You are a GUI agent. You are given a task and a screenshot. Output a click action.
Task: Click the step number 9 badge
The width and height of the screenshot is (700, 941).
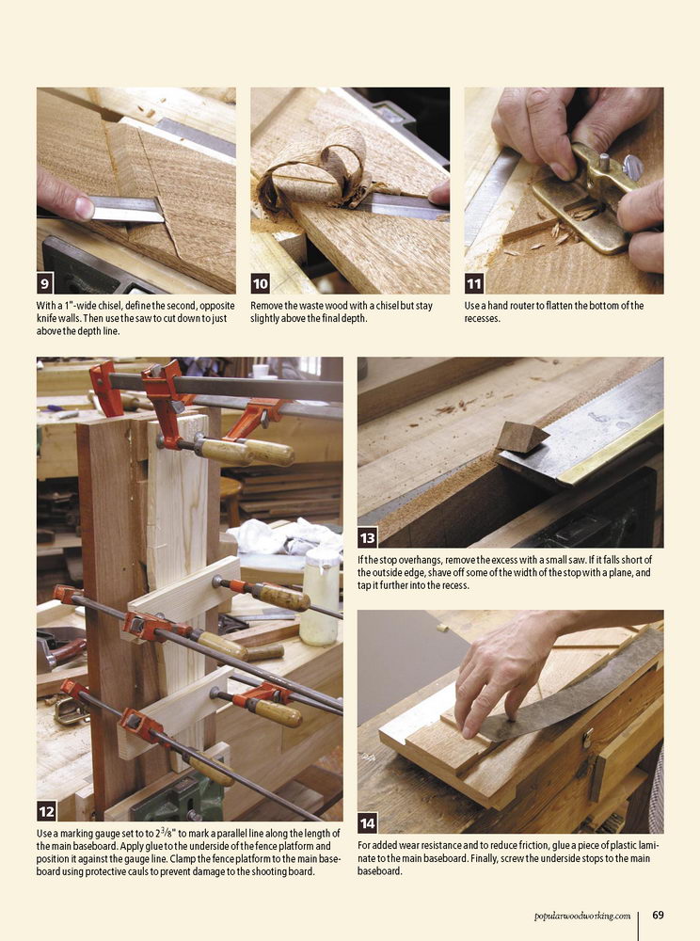coord(45,283)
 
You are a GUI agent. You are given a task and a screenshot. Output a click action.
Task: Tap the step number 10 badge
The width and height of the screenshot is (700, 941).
coord(260,283)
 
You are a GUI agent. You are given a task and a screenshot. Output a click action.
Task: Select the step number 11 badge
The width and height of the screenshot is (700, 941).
coord(474,283)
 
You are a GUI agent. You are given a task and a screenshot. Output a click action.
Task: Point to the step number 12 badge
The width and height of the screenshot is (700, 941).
coord(46,812)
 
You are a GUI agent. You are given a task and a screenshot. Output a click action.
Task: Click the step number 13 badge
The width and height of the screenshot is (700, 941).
coord(367,537)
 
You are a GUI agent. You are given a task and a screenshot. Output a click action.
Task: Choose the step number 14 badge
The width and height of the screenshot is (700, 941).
coord(367,823)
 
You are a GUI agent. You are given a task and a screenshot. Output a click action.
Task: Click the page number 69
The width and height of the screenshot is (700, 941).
coord(658,916)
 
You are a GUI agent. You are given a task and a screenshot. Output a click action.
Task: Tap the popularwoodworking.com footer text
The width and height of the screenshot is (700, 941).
coord(582,916)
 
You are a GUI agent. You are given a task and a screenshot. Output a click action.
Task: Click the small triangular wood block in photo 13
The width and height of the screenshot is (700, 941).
coord(520,437)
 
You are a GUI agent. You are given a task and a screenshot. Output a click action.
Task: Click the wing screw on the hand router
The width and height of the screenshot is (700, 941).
coord(633,167)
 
